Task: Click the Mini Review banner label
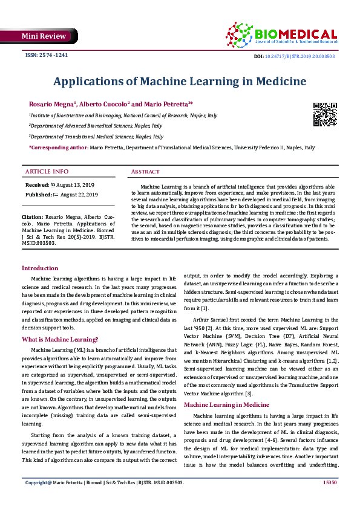pyautogui.click(x=44, y=37)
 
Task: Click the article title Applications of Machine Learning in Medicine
pyautogui.click(x=179, y=81)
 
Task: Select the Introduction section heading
pyautogui.click(x=40, y=268)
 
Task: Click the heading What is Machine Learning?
pyautogui.click(x=60, y=339)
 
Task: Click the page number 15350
pyautogui.click(x=330, y=500)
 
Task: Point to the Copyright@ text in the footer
pyautogui.click(x=38, y=500)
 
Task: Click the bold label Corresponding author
pyautogui.click(x=58, y=148)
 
